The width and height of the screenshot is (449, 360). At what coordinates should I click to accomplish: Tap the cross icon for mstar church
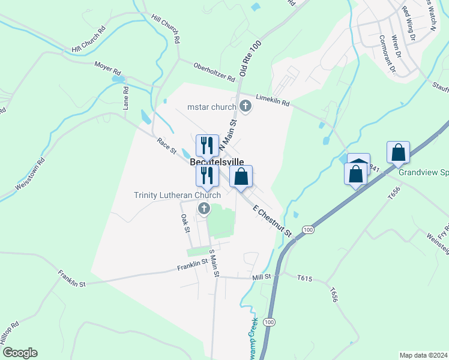tap(245, 107)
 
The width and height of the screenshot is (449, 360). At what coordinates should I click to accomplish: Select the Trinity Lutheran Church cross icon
tap(204, 209)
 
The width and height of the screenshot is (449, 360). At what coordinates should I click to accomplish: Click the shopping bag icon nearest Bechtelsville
tap(241, 176)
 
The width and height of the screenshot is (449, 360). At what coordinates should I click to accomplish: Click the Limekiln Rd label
tap(273, 100)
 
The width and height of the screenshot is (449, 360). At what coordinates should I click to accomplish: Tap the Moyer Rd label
tap(107, 65)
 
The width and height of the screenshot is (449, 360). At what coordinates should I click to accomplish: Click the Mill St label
tap(262, 277)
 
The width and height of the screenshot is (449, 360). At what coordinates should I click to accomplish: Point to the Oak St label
tap(185, 224)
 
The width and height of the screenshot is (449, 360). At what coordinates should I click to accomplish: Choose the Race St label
tap(166, 146)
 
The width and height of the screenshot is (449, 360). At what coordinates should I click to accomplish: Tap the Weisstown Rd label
tap(29, 174)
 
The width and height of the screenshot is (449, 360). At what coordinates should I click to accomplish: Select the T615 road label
tap(306, 278)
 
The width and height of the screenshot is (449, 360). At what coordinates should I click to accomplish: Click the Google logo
tap(19, 353)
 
